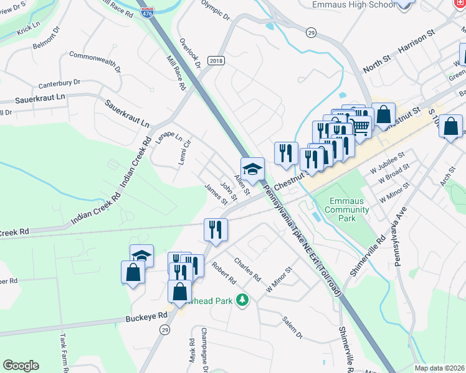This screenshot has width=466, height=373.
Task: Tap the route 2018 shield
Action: point(216,60)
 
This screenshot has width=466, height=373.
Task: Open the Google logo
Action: point(21,366)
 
